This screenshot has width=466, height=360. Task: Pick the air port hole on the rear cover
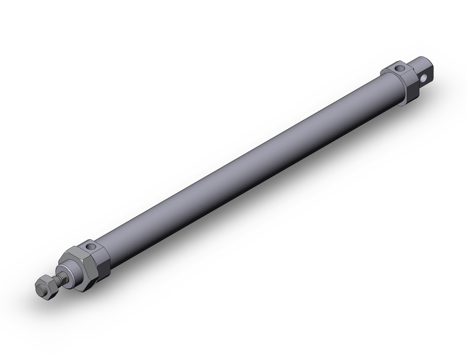399,69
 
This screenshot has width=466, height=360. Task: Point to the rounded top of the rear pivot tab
421,61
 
